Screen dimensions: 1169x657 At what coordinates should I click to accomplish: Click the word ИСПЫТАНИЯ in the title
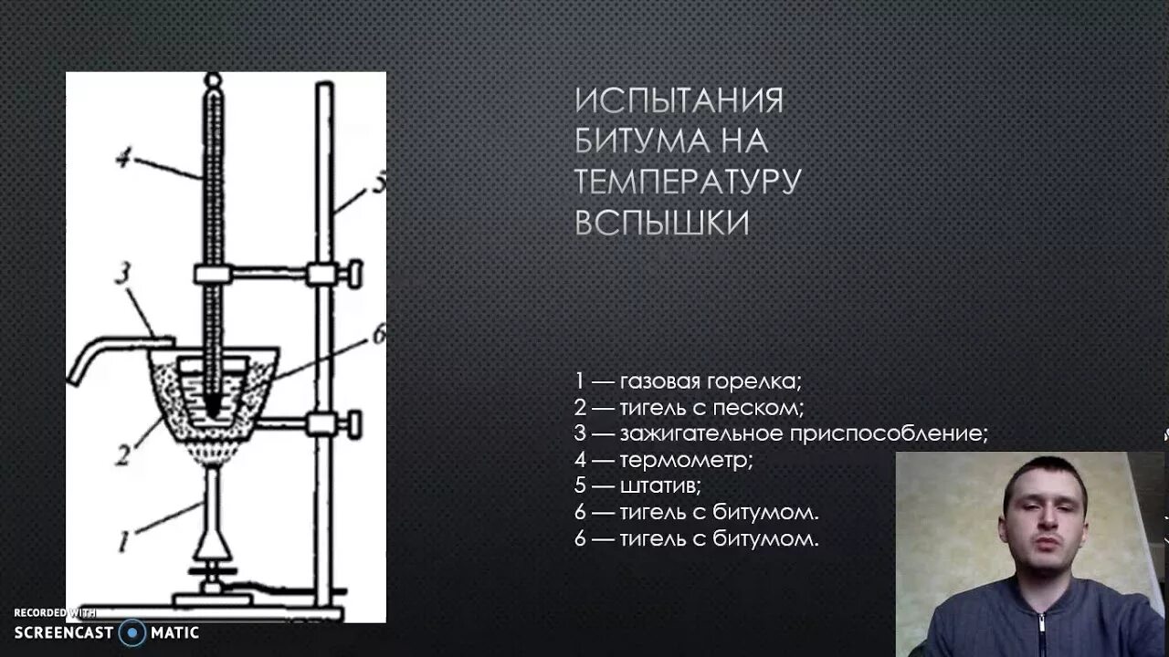point(679,100)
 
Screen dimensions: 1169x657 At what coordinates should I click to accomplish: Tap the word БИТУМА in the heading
point(630,141)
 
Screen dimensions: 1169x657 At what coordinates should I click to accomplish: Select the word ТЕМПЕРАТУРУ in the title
point(688,181)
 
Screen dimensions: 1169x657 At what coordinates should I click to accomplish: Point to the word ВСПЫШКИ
point(661,222)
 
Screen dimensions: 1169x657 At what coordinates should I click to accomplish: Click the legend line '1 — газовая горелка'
point(688,381)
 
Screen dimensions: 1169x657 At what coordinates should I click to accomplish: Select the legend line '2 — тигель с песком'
point(689,408)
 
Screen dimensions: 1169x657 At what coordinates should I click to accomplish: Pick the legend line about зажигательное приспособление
point(781,433)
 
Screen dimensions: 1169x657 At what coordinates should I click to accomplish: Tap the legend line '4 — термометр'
point(664,460)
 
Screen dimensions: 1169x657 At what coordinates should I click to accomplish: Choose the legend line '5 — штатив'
point(637,486)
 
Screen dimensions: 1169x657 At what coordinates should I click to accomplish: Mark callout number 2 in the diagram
point(122,454)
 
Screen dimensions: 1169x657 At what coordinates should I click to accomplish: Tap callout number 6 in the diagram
point(376,335)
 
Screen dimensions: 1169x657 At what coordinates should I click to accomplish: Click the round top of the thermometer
point(213,79)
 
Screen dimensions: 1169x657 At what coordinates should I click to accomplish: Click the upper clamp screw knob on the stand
point(352,273)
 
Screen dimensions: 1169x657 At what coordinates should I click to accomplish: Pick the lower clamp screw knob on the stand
point(352,423)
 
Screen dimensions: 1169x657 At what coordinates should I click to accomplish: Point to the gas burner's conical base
point(213,547)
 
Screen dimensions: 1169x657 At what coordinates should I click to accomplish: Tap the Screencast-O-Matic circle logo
point(132,632)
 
